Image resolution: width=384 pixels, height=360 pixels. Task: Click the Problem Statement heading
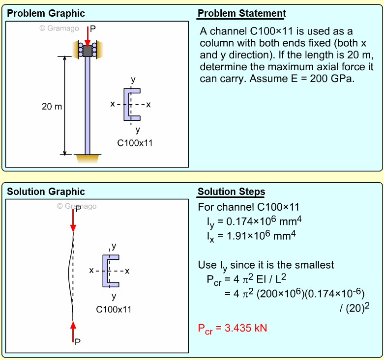pos(241,13)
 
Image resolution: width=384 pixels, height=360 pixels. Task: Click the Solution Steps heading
pos(231,192)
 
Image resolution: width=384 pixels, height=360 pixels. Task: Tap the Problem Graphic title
pos(46,13)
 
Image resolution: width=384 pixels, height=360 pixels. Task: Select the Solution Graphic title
pos(46,192)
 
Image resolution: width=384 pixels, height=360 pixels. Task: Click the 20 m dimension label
pos(52,106)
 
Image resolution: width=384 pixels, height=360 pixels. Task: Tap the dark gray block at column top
pos(88,51)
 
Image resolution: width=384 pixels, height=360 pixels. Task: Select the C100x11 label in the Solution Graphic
pos(114,309)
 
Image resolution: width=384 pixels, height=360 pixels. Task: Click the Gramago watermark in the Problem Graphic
pos(59,28)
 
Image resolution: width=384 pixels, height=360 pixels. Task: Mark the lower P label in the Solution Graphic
pos(78,342)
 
